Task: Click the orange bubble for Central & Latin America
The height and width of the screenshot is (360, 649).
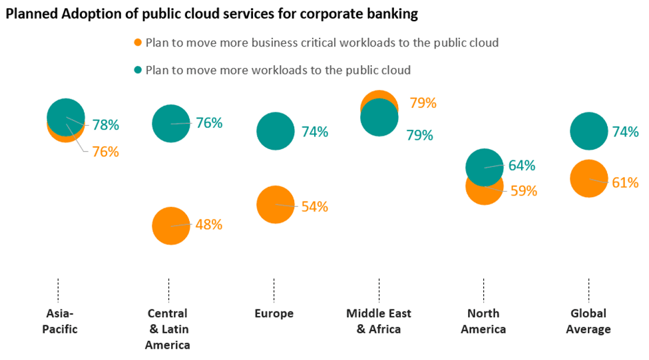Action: coord(171,226)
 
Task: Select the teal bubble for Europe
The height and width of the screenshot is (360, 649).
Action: coord(275,131)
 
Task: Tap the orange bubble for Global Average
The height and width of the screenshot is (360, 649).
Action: coord(589,179)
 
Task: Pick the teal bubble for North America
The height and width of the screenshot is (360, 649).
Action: coord(485,166)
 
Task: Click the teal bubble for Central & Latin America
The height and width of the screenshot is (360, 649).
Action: coord(171,123)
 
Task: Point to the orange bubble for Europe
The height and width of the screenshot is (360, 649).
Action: coord(275,205)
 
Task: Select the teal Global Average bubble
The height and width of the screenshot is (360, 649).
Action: coord(589,131)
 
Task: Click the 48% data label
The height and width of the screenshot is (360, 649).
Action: coord(208,224)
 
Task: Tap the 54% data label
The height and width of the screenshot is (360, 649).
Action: coord(314,206)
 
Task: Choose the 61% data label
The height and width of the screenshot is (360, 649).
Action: coord(625,182)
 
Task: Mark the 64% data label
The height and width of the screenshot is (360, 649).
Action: coord(522,165)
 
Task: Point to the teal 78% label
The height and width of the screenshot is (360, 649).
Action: coord(105,124)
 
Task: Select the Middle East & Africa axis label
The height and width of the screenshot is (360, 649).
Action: coord(379,321)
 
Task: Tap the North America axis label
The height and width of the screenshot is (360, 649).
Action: coord(483,321)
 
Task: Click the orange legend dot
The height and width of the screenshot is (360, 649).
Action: coord(138,43)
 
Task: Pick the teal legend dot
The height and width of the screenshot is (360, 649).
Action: coord(138,69)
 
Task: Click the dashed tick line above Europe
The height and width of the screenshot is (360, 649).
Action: coord(274,290)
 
